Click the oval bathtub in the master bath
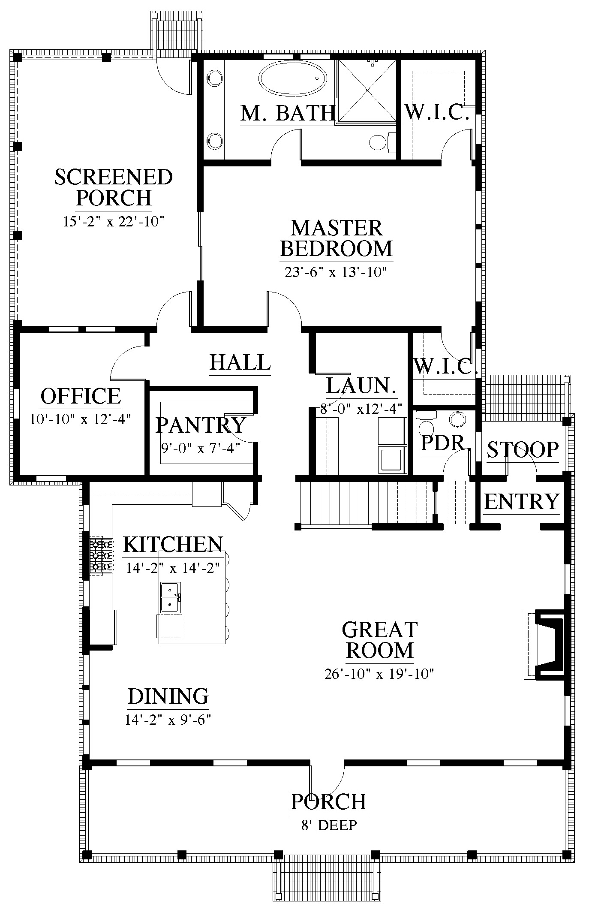tap(293, 78)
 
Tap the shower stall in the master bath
tap(367, 91)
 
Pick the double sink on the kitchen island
tap(171, 597)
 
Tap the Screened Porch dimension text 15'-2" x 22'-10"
tap(114, 222)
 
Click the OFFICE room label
tap(81, 395)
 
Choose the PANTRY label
tap(201, 425)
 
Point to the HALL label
tap(240, 362)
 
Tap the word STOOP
tap(523, 449)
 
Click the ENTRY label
tap(522, 501)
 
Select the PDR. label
tap(443, 443)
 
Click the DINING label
tap(168, 696)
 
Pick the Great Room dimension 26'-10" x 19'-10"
tap(379, 674)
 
